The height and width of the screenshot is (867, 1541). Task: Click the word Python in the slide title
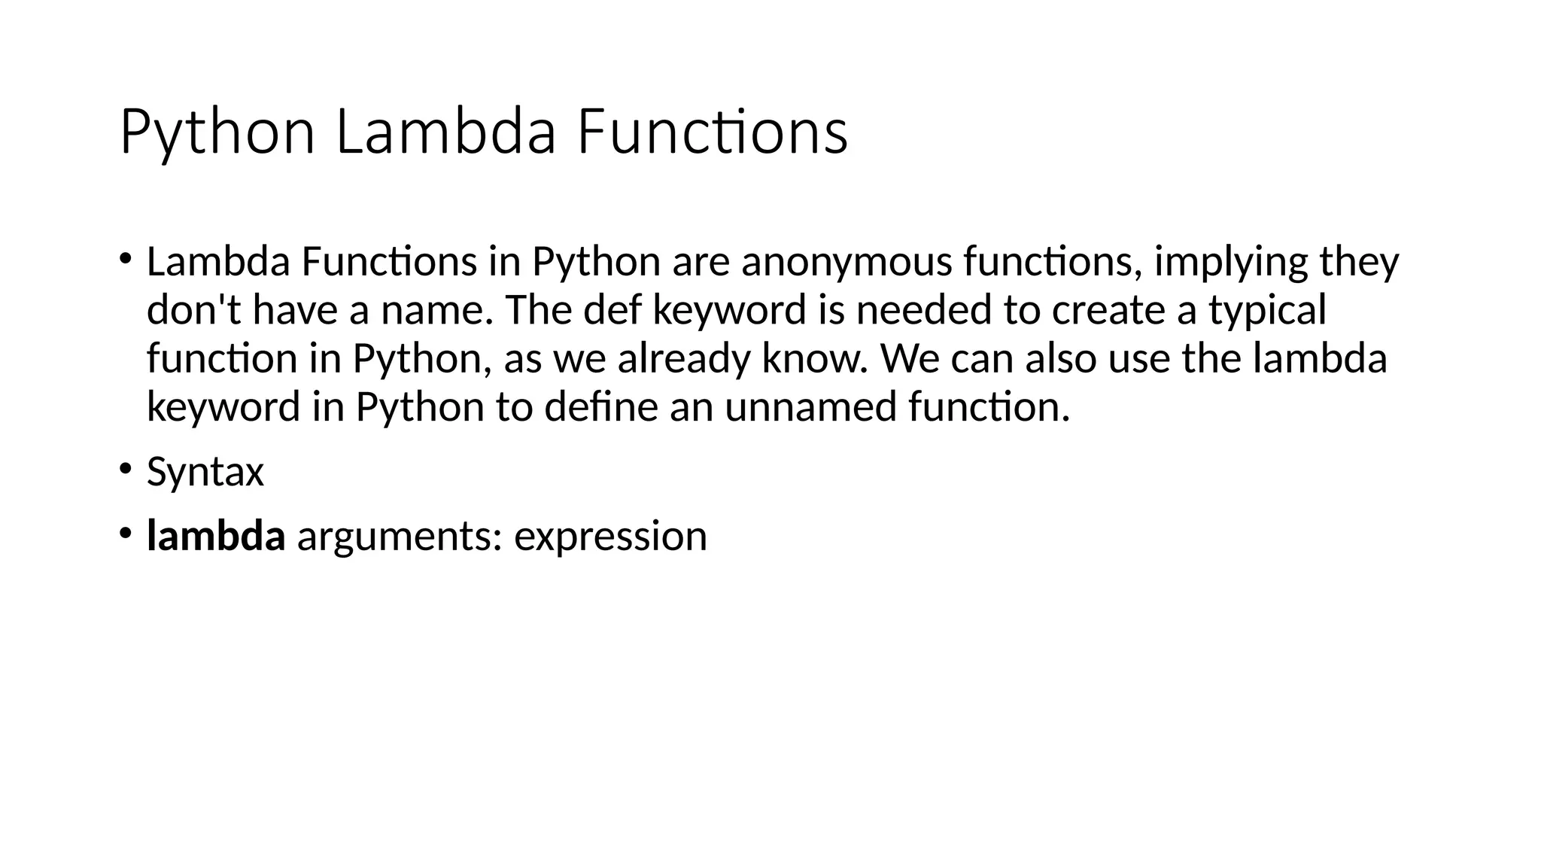point(217,134)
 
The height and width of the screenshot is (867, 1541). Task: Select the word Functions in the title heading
point(713,132)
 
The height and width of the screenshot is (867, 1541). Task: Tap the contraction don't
point(194,309)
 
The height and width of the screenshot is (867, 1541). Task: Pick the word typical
point(1267,311)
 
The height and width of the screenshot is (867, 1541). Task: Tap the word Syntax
point(205,473)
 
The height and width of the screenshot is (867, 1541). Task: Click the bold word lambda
point(216,536)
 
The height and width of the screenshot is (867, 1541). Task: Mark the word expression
point(610,537)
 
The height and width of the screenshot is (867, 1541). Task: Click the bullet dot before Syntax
point(124,468)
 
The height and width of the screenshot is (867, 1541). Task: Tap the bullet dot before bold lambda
point(124,532)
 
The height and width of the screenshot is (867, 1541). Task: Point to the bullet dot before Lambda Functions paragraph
point(124,258)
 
